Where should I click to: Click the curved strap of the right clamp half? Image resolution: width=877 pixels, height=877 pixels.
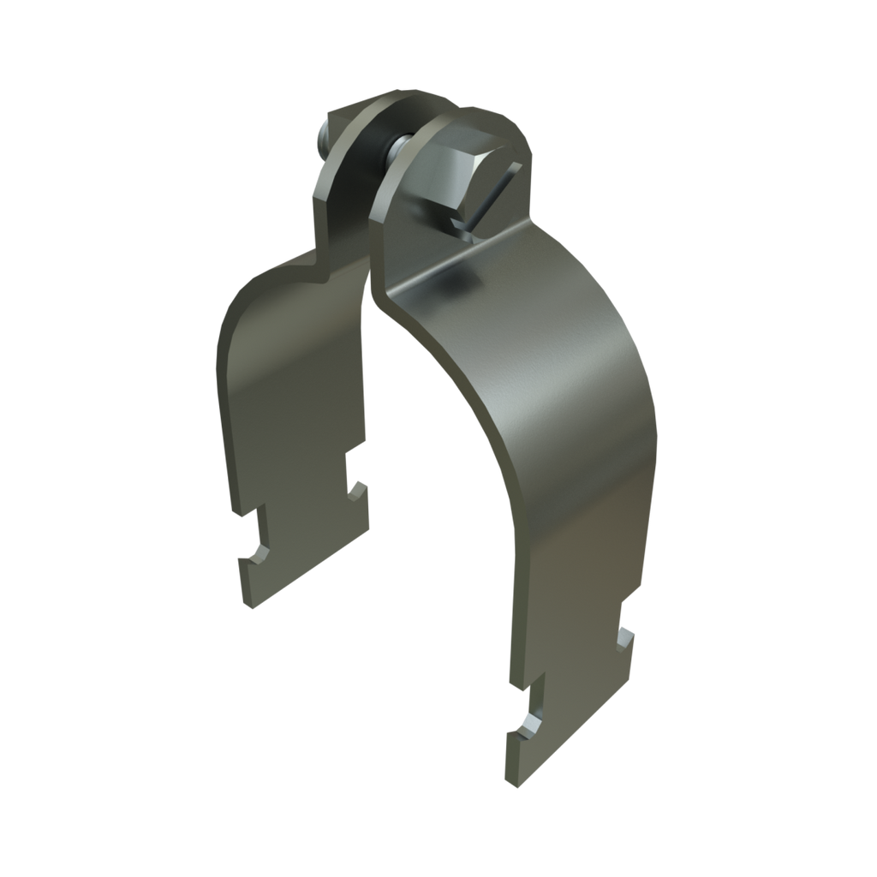click(548, 385)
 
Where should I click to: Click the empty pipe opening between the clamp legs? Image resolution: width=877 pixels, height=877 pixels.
click(428, 514)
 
